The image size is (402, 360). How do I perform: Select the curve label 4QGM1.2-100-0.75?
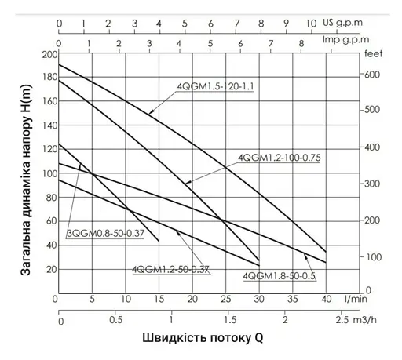(x=280, y=158)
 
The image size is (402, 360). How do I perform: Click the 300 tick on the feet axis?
(x=373, y=184)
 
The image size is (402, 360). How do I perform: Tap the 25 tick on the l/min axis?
(x=224, y=300)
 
